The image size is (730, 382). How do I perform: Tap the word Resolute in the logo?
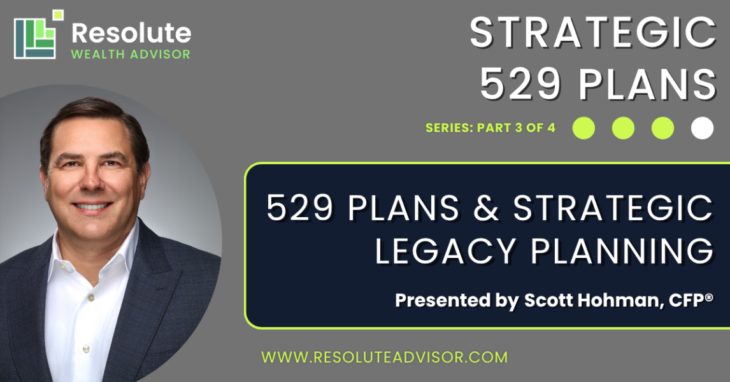pyautogui.click(x=131, y=34)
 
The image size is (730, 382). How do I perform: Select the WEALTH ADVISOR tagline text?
pyautogui.click(x=131, y=54)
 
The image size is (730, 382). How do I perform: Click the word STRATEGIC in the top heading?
pyautogui.click(x=592, y=32)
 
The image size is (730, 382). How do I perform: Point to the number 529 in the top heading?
pyautogui.click(x=520, y=84)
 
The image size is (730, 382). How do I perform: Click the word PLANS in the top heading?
pyautogui.click(x=648, y=84)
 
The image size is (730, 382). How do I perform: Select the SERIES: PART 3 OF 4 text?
pyautogui.click(x=490, y=128)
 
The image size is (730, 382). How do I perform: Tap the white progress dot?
pyautogui.click(x=702, y=128)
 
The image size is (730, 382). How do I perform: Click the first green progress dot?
pyautogui.click(x=583, y=128)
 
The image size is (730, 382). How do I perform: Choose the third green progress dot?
pyautogui.click(x=662, y=128)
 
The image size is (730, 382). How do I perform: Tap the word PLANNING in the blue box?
pyautogui.click(x=622, y=251)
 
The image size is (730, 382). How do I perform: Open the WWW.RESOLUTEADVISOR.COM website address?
pyautogui.click(x=384, y=357)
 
